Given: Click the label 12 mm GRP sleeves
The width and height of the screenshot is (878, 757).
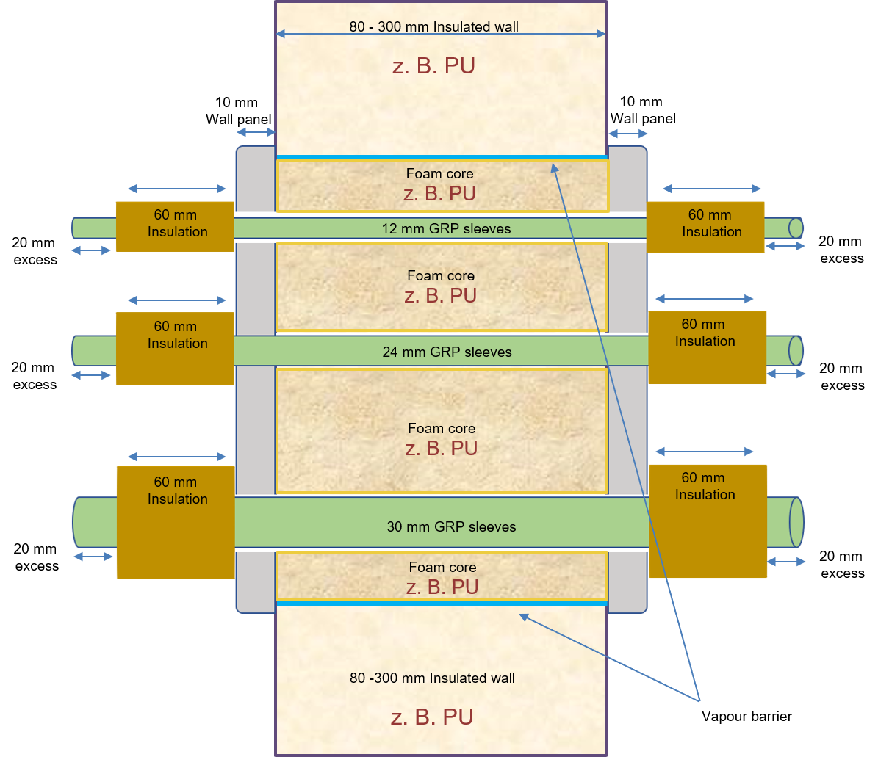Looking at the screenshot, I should pos(446,228).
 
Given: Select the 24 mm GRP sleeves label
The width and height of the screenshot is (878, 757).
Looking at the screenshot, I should pos(447,352).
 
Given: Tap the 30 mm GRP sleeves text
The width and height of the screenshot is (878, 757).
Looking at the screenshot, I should pos(451,526).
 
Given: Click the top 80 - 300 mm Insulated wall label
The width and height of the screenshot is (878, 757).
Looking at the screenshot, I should pos(433,27).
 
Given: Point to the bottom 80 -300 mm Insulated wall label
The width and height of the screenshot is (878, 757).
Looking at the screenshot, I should pos(432,678).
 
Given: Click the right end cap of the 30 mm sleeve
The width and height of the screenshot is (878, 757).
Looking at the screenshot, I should pos(796,522).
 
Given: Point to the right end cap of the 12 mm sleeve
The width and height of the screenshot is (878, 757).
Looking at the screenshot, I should pos(796,228).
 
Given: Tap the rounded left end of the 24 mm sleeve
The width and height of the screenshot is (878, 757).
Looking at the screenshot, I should pos(76,351).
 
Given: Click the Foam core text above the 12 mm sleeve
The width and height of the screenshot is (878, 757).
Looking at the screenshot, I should pos(439,174).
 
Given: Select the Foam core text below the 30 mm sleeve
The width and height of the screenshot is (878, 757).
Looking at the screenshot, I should pos(442,567).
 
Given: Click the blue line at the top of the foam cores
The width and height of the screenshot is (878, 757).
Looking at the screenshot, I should pos(441,157).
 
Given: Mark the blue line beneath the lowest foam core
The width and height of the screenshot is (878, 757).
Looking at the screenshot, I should pos(441,604).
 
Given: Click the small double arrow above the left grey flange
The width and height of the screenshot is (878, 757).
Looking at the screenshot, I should pos(255,132).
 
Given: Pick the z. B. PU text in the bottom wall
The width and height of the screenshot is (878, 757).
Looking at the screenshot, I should pos(432,717).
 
